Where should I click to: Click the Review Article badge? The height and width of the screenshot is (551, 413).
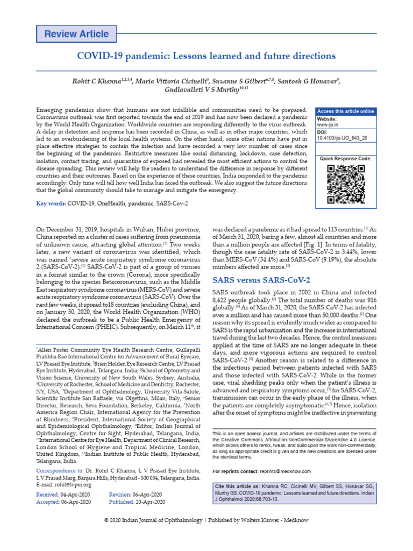(76, 34)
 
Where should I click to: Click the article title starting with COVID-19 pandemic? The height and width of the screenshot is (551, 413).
(206, 56)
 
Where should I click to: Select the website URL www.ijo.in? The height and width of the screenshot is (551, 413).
(327, 125)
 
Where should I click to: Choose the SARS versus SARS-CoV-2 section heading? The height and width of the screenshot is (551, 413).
(261, 280)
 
